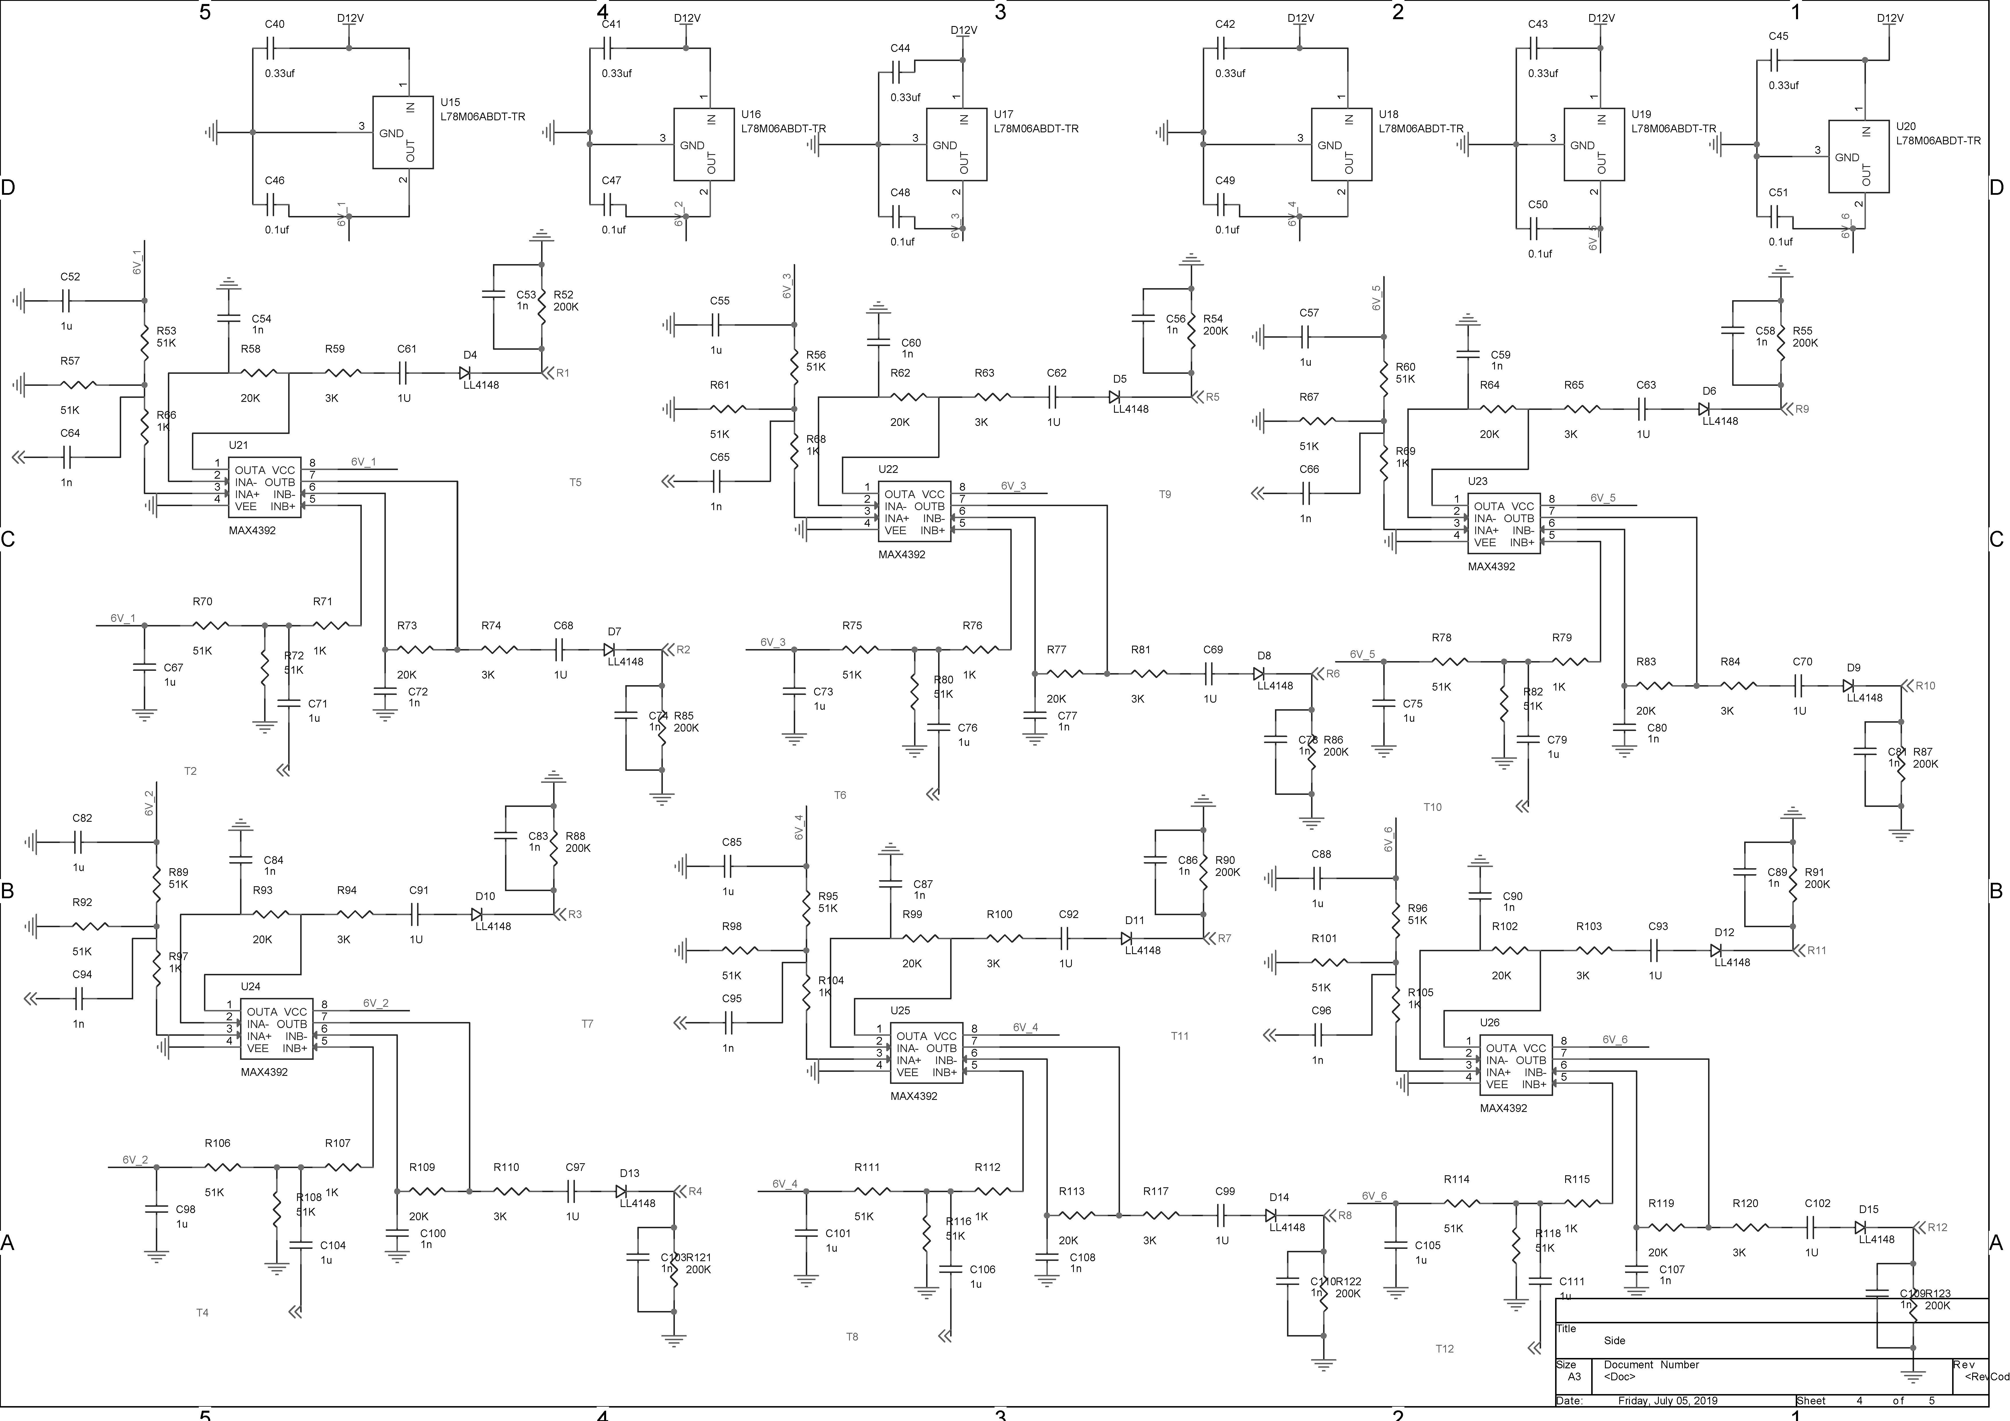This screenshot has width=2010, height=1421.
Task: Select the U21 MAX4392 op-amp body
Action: [264, 488]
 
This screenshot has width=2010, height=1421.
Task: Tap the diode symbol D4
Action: [466, 373]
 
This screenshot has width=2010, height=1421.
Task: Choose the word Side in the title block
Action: [1614, 1341]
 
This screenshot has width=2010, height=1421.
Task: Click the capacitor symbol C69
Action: [1212, 673]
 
